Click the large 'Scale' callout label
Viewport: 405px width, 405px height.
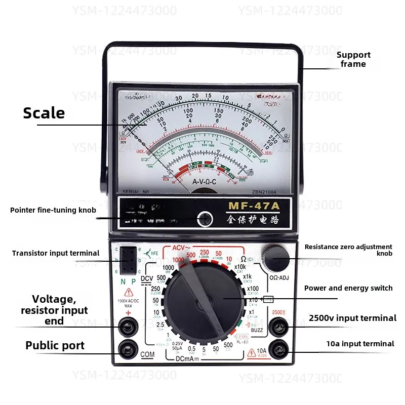tap(44, 113)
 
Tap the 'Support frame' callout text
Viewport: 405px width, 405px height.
tap(353, 59)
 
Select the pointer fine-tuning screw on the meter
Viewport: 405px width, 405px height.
tap(205, 219)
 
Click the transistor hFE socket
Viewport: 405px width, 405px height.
tap(130, 259)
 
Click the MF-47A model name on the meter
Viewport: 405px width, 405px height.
tap(254, 206)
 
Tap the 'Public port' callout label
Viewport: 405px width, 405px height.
tap(55, 346)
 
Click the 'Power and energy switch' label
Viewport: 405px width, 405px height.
tap(348, 288)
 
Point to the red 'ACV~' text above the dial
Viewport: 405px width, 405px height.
tap(184, 247)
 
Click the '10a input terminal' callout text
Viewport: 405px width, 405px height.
tap(360, 344)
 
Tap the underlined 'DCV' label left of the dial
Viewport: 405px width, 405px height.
tap(146, 278)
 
